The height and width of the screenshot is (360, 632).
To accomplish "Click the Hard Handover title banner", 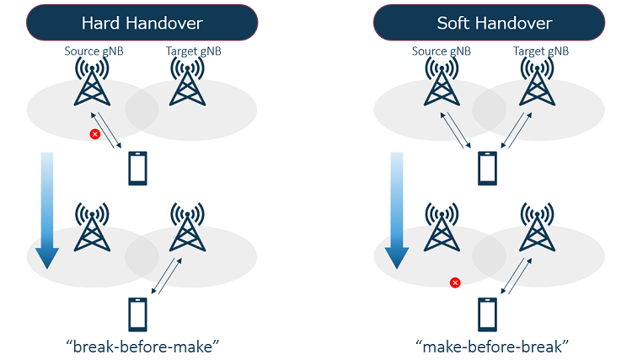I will (142, 23).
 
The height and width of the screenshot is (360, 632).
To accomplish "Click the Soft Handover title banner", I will (488, 23).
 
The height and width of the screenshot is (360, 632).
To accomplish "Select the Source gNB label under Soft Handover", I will (441, 51).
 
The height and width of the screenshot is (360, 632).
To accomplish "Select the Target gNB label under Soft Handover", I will (540, 51).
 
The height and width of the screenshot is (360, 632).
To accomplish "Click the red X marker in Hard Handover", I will (95, 134).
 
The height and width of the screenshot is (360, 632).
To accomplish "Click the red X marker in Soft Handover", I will (455, 282).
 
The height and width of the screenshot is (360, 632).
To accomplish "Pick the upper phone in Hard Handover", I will (138, 168).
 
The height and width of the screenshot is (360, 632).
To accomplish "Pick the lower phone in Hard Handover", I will (138, 315).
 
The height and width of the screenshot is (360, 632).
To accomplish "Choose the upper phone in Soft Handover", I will (488, 168).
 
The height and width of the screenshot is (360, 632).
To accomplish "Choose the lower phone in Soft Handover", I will (488, 315).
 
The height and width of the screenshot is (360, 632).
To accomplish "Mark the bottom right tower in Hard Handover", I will (186, 228).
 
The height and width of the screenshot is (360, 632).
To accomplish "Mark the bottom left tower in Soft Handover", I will (442, 228).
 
